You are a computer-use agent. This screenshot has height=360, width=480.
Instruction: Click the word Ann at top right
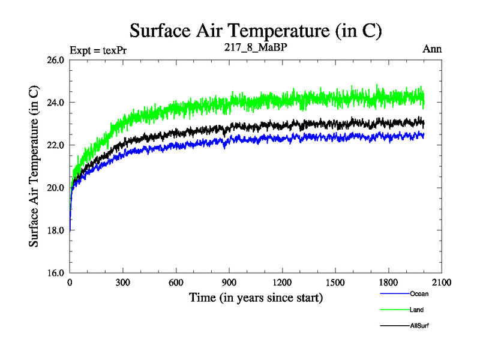click(x=432, y=49)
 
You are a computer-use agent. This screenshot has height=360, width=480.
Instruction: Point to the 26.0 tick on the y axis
click(x=55, y=60)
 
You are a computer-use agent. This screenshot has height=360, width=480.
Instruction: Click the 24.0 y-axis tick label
click(x=55, y=103)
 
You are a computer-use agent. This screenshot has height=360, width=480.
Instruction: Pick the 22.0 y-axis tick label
click(x=55, y=145)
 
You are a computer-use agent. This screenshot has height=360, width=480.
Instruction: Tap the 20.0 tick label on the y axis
click(x=55, y=188)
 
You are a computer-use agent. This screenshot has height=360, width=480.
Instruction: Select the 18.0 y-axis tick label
click(x=55, y=230)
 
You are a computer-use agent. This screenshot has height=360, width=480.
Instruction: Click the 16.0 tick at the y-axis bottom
click(x=55, y=273)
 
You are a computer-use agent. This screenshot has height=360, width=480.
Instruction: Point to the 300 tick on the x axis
click(x=123, y=283)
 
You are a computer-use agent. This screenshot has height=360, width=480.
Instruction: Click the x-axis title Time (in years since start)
click(x=256, y=297)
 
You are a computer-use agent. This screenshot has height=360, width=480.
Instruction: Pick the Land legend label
click(x=416, y=310)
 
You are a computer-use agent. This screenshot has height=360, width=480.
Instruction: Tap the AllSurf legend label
click(x=419, y=326)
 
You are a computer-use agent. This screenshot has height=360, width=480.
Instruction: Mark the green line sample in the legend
click(x=394, y=310)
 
